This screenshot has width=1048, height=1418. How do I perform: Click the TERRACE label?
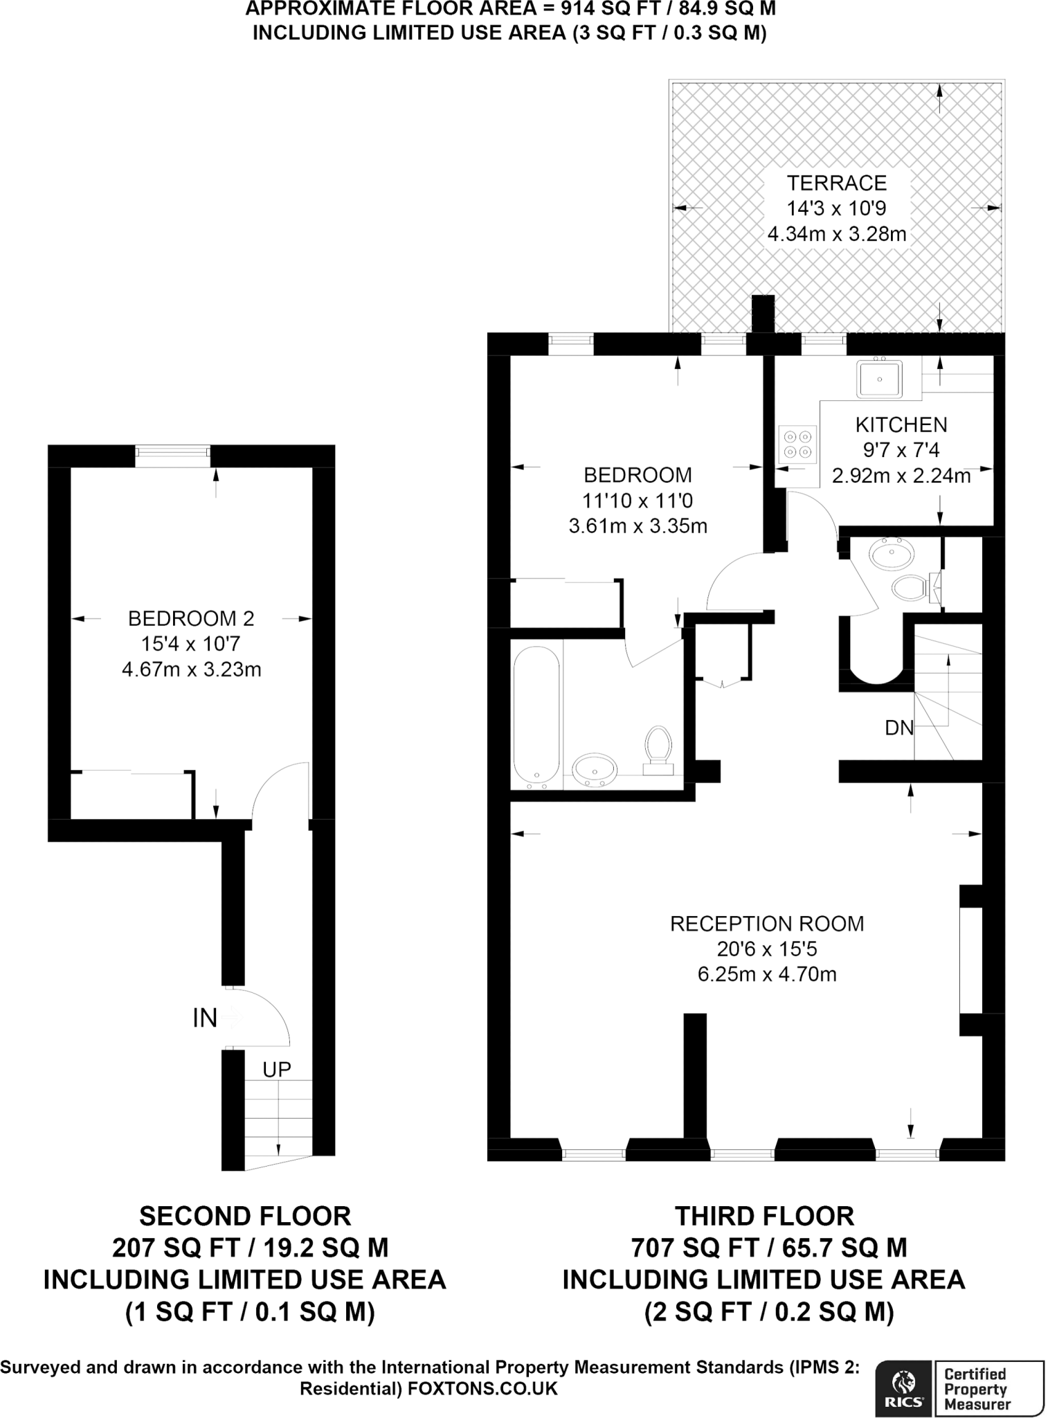coord(836,183)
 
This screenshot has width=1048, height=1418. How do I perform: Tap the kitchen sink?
coord(879,379)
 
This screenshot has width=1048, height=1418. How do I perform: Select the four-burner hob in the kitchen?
coord(797,445)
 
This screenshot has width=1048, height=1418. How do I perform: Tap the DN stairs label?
coord(898,728)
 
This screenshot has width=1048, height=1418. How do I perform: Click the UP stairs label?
coord(276,1070)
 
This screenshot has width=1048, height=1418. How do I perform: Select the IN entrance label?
coord(205,1018)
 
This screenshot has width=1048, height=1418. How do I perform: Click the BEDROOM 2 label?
coord(191,618)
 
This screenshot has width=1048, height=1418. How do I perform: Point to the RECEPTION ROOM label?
coord(767,924)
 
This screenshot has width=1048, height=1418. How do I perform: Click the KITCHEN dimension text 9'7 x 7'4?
coord(901,450)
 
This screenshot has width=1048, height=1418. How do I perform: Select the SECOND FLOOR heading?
coord(245,1217)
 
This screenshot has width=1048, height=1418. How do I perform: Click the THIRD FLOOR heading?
coord(764,1217)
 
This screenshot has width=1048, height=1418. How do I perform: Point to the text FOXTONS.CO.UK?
coord(482,1389)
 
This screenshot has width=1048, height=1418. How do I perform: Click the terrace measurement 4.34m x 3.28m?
coord(836,234)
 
